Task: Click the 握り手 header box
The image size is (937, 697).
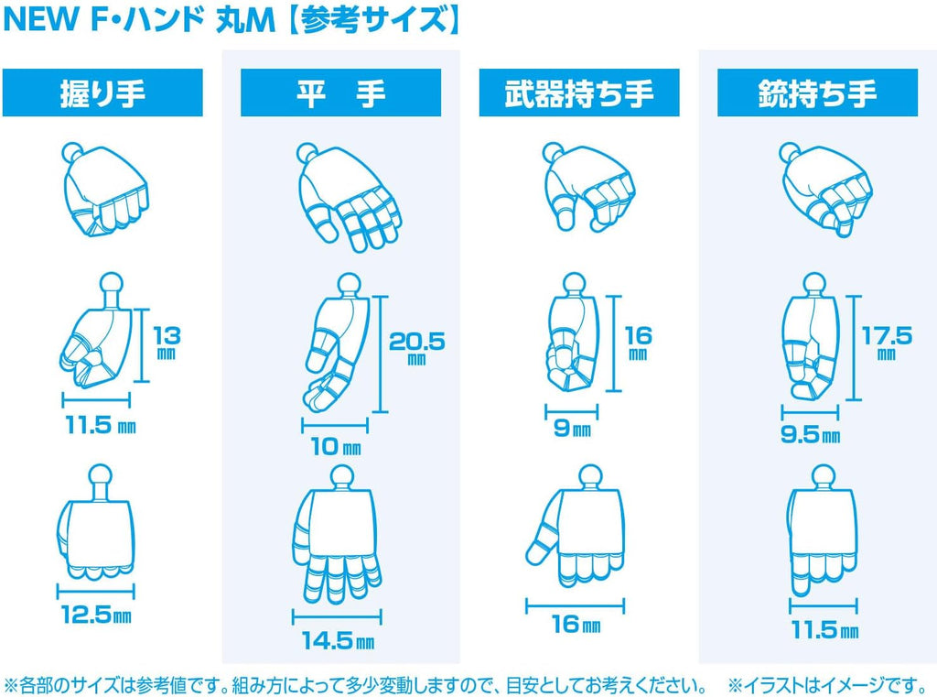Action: point(102,93)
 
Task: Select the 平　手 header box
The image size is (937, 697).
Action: point(340,93)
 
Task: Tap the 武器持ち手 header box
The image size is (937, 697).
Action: point(579,93)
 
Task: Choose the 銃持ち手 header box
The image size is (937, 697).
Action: point(817,93)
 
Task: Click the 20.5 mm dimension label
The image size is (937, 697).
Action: point(417,348)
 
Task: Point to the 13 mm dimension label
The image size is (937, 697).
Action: point(167,342)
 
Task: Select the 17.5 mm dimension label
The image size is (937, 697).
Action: point(887,342)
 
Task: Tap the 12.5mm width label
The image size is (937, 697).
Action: point(96,615)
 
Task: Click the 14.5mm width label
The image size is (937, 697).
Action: point(339,641)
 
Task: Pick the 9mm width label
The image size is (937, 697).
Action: point(573,428)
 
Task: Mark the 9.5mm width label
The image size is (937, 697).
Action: point(811,434)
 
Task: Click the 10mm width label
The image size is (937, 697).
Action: point(335,446)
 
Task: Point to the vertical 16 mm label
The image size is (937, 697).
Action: point(638,342)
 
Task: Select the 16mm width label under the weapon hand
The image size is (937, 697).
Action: point(576,624)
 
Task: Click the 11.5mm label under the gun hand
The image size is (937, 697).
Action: point(824,629)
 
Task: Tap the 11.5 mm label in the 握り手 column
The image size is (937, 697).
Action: point(101,425)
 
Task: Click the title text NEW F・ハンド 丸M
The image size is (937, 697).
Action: point(139,20)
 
